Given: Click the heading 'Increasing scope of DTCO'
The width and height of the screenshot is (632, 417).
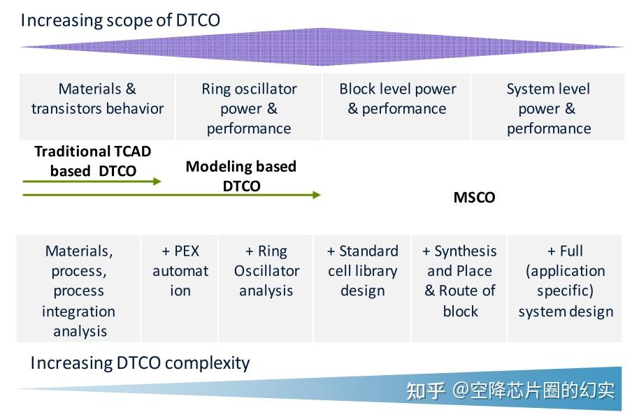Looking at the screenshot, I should pyautogui.click(x=120, y=20).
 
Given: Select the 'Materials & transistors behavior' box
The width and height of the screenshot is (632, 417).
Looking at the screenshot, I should pyautogui.click(x=97, y=106).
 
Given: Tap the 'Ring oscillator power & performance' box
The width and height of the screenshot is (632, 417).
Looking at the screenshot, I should pyautogui.click(x=249, y=108).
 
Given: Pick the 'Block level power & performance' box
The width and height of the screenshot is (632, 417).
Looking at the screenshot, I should pyautogui.click(x=397, y=106).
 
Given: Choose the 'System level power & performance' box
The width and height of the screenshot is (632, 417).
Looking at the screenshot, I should pyautogui.click(x=548, y=108).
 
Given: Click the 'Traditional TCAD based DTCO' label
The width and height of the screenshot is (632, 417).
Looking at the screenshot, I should pyautogui.click(x=93, y=161).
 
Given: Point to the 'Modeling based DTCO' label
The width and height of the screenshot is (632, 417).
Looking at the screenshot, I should pyautogui.click(x=241, y=175).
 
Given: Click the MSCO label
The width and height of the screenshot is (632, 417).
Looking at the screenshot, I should pyautogui.click(x=474, y=198).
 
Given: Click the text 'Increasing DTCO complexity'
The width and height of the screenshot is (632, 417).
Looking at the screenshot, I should pyautogui.click(x=140, y=363).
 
